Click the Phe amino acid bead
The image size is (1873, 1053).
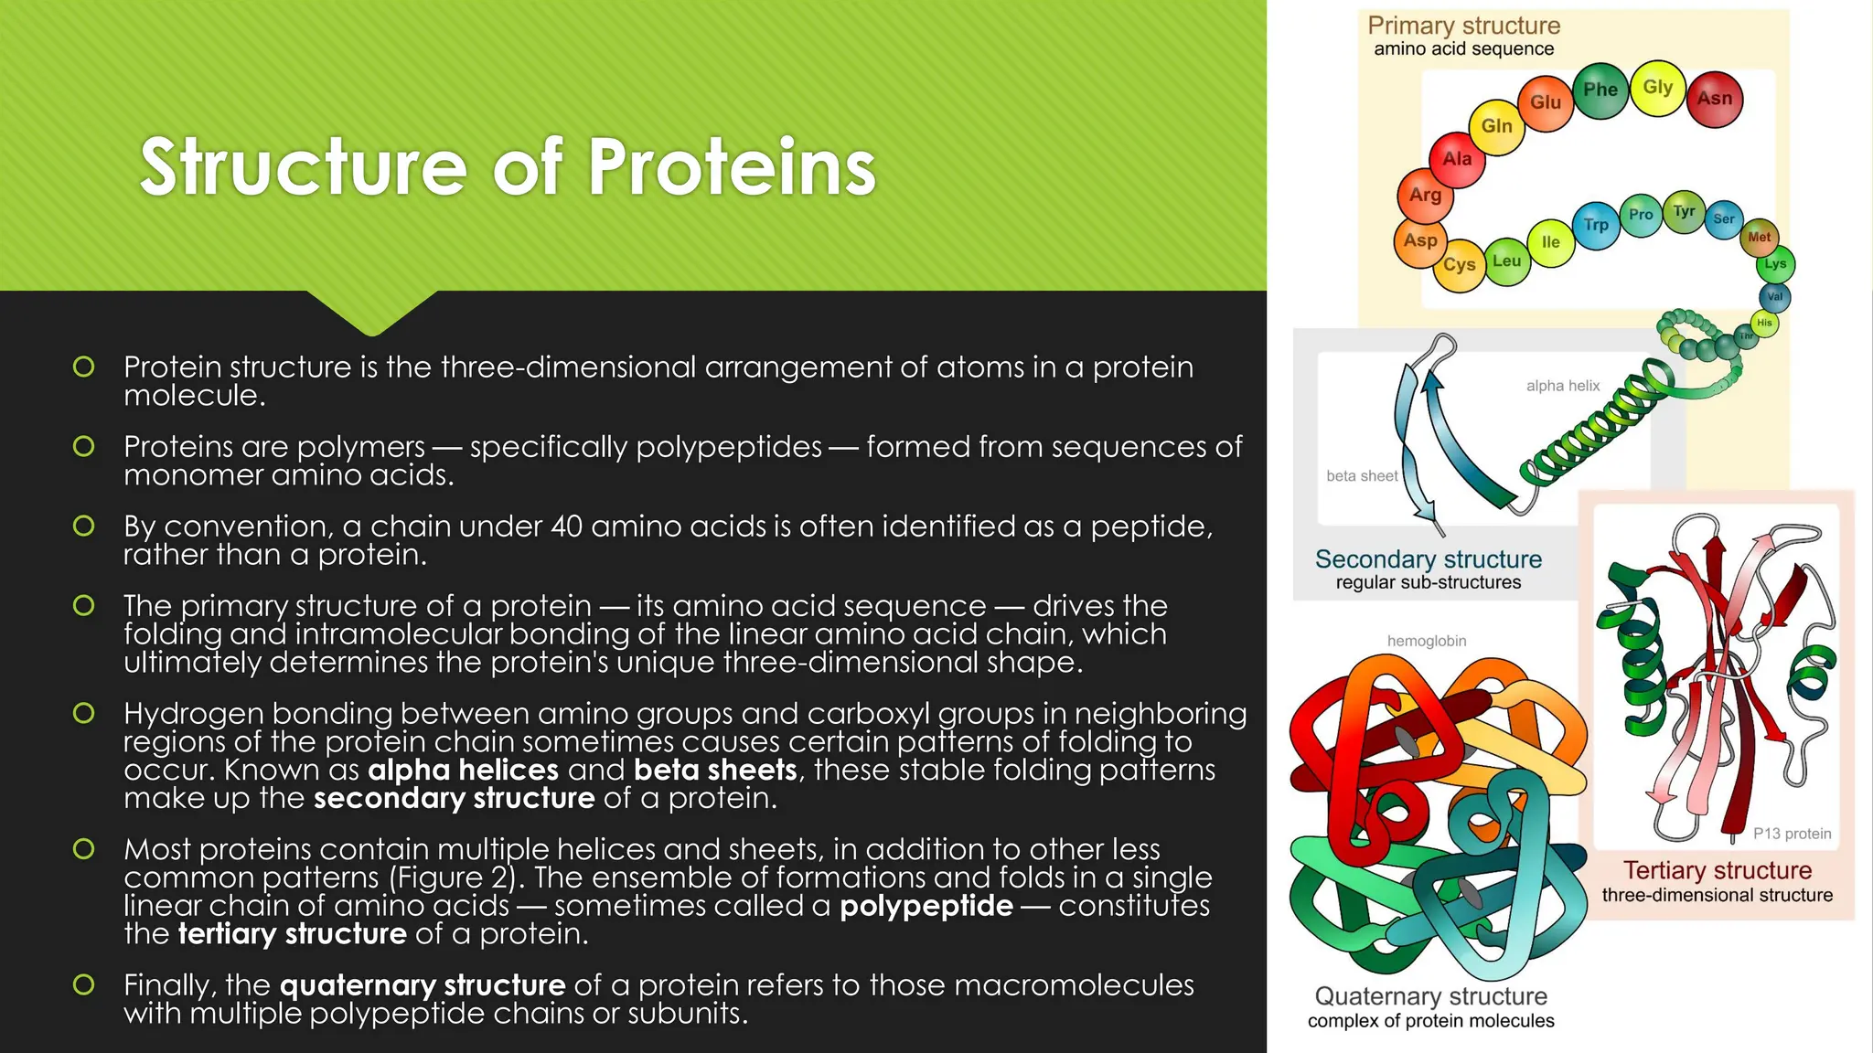[x=1600, y=90]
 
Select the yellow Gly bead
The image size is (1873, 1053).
[x=1657, y=88]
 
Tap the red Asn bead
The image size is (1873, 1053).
[x=1714, y=99]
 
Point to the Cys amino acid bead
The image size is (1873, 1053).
[x=1459, y=265]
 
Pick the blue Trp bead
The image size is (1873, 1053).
[x=1596, y=225]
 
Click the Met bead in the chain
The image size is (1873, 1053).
[x=1759, y=238]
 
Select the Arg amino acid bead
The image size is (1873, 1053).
[x=1425, y=195]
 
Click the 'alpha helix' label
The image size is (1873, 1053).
[x=1562, y=386]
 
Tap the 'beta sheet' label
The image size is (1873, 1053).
[x=1361, y=476]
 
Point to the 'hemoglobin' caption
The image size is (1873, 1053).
[x=1426, y=642]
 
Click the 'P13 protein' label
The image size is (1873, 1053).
[x=1791, y=834]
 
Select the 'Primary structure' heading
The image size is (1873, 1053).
[x=1463, y=26]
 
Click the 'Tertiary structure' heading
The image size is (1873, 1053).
[x=1717, y=870]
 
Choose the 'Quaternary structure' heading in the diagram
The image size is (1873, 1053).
[x=1430, y=996]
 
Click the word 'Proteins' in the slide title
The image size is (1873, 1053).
[x=732, y=167]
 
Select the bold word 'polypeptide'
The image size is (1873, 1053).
[x=926, y=906]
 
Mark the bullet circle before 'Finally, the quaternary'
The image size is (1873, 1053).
[x=83, y=984]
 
